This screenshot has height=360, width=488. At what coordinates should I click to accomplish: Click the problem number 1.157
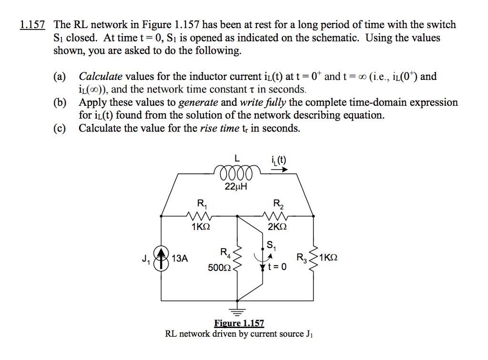point(33,25)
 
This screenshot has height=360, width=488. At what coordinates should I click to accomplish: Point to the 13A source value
point(180,259)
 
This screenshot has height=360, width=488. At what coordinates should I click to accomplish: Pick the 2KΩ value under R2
point(277,227)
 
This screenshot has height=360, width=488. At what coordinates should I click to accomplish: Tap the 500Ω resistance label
point(219,268)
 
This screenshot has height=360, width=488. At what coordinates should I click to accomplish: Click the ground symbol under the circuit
point(237,310)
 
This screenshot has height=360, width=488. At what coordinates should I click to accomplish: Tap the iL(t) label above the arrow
point(278,160)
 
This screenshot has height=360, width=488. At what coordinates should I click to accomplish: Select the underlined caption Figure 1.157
point(239,323)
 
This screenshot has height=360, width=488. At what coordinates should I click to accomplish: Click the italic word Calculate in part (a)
point(101,77)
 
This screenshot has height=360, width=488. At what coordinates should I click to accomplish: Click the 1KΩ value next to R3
point(328,258)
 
